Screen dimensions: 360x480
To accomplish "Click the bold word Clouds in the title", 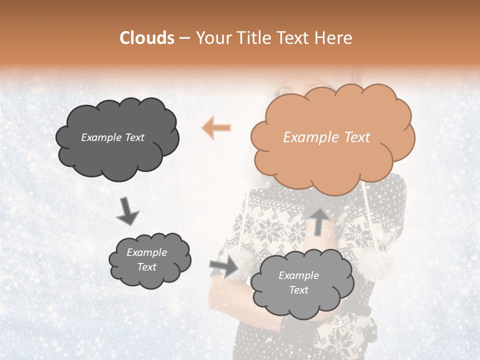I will pyautogui.click(x=147, y=38).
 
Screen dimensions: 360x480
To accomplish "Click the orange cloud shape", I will pyautogui.click(x=332, y=136).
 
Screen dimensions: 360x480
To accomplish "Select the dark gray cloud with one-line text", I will pyautogui.click(x=116, y=138).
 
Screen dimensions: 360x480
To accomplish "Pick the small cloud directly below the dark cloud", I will pyautogui.click(x=149, y=259).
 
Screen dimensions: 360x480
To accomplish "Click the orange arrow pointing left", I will pyautogui.click(x=216, y=127).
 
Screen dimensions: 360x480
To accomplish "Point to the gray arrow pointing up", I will pyautogui.click(x=319, y=221).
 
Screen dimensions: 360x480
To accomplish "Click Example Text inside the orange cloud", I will pyautogui.click(x=326, y=137).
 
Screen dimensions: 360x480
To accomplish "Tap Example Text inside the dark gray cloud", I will pyautogui.click(x=112, y=137).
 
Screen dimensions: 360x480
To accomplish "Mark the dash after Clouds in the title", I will pyautogui.click(x=184, y=38).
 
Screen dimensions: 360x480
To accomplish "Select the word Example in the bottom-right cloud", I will pyautogui.click(x=298, y=275).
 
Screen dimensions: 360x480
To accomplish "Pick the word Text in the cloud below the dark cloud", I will pyautogui.click(x=146, y=267).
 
